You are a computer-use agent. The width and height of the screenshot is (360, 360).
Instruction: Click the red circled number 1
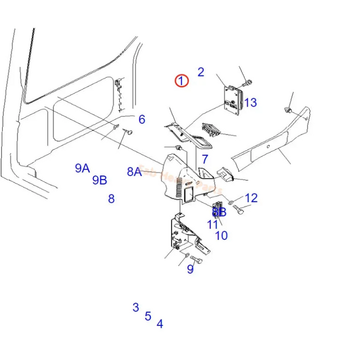(x=181, y=81)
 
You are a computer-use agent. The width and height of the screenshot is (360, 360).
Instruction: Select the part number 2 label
(x=200, y=72)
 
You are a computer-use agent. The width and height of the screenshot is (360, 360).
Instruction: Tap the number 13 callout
(x=250, y=102)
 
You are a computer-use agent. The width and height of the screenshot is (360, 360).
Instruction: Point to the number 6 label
(x=142, y=119)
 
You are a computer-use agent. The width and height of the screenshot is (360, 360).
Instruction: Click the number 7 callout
(x=205, y=159)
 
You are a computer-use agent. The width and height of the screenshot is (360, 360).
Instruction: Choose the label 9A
(x=82, y=168)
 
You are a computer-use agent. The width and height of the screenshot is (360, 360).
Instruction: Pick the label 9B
(x=100, y=180)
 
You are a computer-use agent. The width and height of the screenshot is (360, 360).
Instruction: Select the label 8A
(x=134, y=172)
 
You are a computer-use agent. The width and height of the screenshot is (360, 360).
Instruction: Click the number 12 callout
(x=251, y=197)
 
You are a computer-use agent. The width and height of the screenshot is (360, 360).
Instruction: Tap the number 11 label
(x=212, y=224)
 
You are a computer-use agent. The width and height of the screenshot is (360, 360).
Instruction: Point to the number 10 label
(x=222, y=235)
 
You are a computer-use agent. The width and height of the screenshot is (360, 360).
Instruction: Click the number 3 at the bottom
(x=136, y=307)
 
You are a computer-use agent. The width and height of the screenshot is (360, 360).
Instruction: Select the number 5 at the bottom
(x=148, y=316)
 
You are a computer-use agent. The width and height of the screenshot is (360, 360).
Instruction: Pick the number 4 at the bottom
(x=160, y=324)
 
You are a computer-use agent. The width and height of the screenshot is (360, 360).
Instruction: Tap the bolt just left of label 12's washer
(x=237, y=209)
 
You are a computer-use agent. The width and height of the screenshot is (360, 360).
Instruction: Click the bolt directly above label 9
(x=195, y=260)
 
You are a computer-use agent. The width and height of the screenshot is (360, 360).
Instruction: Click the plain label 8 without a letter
(x=111, y=199)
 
